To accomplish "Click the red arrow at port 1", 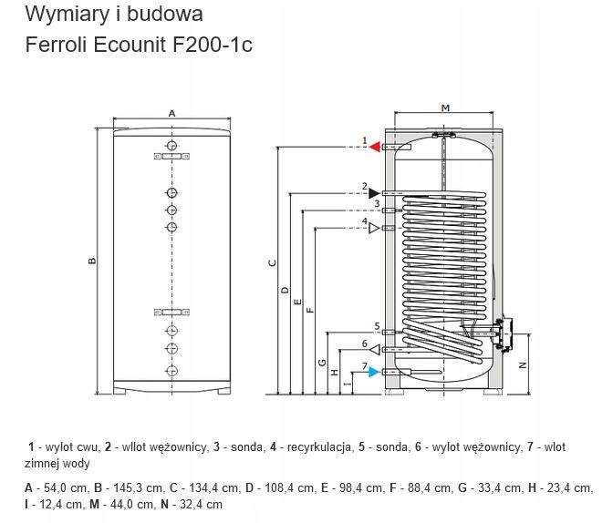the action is [x=375, y=147].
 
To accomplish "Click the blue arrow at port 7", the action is [x=375, y=372].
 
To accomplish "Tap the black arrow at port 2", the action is [x=375, y=193].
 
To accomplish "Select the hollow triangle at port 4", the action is [x=375, y=228].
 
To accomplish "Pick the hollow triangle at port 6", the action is [x=375, y=349].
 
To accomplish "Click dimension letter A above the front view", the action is [x=171, y=113].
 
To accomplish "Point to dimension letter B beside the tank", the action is [x=92, y=261].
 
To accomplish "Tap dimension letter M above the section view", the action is [x=445, y=108].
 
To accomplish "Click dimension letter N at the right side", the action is [x=523, y=365].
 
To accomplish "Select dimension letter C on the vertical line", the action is [x=273, y=263].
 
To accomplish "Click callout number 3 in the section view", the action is [x=377, y=203].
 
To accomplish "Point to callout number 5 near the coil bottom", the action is [x=377, y=326].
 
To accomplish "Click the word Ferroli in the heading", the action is [x=57, y=44].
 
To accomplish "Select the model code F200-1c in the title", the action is [x=213, y=44].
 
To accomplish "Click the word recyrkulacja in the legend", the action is [x=319, y=446].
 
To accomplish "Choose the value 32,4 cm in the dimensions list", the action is [x=201, y=504].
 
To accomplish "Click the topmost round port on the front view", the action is [x=171, y=146].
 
